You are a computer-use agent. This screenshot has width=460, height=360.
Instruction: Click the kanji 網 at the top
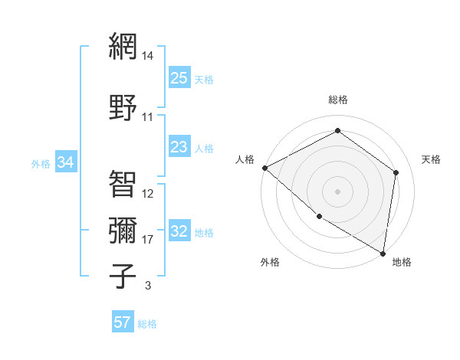[x=123, y=47]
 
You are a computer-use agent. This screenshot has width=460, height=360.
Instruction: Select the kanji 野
[x=123, y=107]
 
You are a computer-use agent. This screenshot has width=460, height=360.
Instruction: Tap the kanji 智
[x=123, y=184]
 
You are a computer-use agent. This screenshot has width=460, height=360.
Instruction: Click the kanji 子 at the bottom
[x=123, y=276]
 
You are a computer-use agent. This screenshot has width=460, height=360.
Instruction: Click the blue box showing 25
[x=179, y=78]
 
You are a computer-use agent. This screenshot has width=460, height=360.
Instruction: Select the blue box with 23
[x=179, y=147]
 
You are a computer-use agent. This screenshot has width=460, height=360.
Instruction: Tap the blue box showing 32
[x=179, y=232]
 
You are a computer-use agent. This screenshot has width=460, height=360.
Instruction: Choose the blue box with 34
[x=66, y=162]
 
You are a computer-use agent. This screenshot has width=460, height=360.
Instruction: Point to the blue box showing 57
[x=123, y=322]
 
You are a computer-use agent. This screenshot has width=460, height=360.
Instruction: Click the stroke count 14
[x=148, y=56]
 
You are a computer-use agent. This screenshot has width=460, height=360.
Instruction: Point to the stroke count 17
[x=148, y=240]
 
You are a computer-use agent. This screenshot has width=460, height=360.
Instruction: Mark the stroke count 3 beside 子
[x=147, y=286]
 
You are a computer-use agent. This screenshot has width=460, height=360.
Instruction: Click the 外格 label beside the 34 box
[x=41, y=163]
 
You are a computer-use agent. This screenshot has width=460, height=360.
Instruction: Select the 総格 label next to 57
[x=147, y=324]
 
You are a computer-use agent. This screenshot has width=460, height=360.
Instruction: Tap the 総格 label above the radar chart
[x=338, y=100]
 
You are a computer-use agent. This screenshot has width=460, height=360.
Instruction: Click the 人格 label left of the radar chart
[x=245, y=159]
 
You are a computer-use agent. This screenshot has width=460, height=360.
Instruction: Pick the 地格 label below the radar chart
[x=402, y=262]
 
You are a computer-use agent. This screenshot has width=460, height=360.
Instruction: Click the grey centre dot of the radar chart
[x=337, y=191]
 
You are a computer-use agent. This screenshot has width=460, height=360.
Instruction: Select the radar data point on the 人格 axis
[x=264, y=168]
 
